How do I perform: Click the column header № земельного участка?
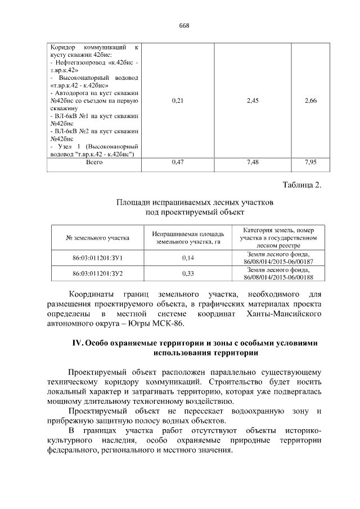coord(97,238)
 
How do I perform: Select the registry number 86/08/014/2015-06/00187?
coord(278,262)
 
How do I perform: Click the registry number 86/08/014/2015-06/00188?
coord(278,277)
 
